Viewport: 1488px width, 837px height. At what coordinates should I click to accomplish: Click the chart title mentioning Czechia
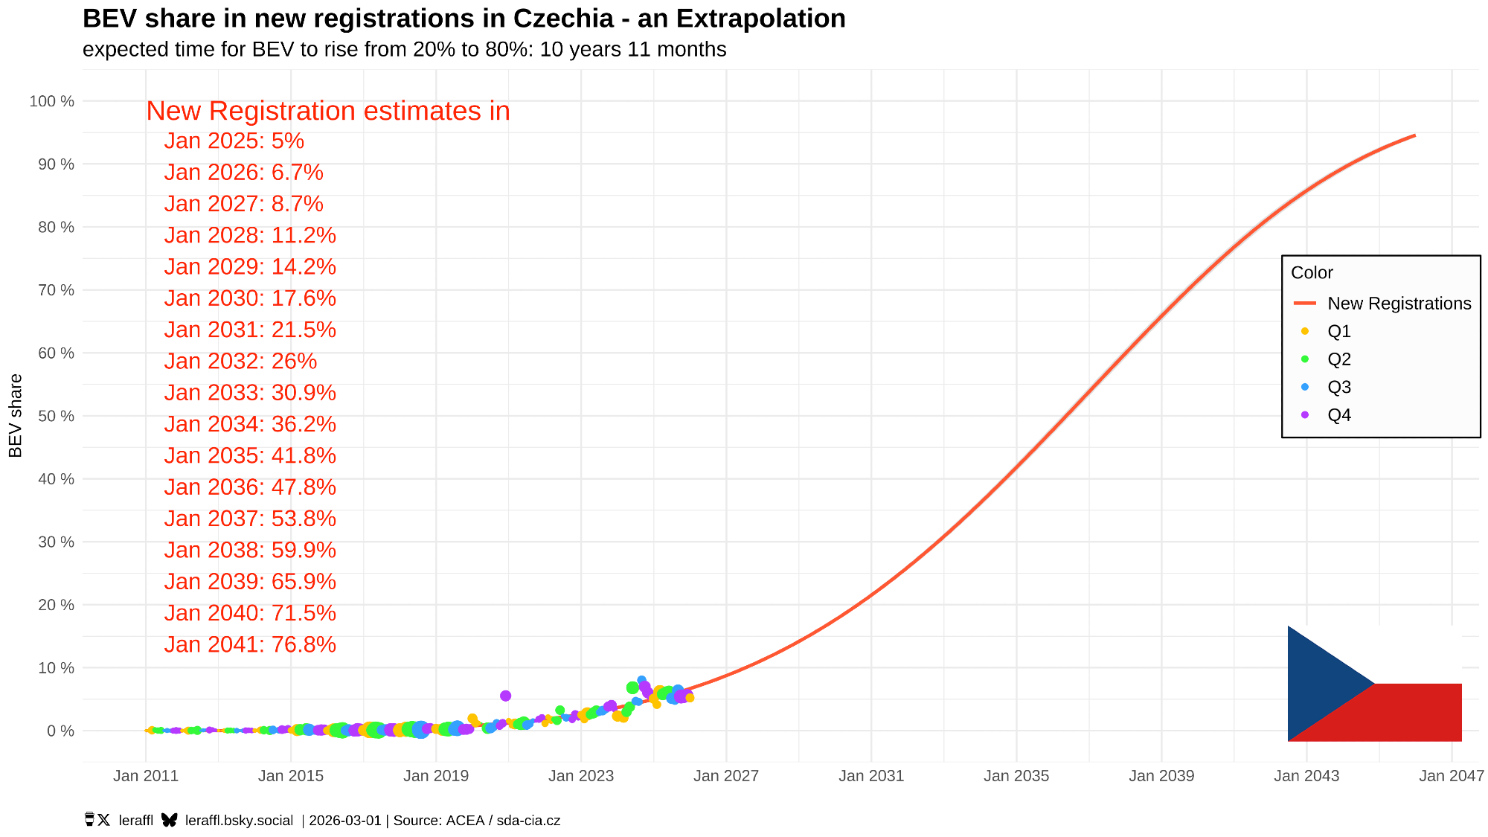coord(464,19)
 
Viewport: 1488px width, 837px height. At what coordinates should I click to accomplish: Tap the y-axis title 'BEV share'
coord(16,415)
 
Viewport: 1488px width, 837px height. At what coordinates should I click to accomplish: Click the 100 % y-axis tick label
coord(51,101)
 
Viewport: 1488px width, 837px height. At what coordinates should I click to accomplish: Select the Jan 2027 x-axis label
coord(725,776)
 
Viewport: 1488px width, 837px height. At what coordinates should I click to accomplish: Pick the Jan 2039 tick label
coord(1161,776)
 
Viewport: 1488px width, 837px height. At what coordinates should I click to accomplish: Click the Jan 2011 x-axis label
coord(146,776)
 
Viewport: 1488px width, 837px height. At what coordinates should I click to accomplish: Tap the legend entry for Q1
coord(1338,331)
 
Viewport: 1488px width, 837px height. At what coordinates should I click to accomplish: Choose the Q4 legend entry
coord(1338,415)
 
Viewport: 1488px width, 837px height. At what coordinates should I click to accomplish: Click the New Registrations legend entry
coord(1399,304)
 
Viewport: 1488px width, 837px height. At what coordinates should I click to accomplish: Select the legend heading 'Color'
coord(1312,272)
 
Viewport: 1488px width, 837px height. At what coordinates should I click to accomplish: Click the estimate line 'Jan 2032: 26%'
coord(240,361)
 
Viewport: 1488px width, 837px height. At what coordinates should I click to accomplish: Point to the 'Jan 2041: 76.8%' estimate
coord(250,644)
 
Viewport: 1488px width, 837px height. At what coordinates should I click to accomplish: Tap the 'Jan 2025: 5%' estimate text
coord(234,141)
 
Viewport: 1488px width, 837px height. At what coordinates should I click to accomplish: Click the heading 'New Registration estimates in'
coord(327,111)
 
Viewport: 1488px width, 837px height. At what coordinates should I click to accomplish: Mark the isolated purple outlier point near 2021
coord(506,696)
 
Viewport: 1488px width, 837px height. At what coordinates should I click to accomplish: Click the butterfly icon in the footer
coord(170,820)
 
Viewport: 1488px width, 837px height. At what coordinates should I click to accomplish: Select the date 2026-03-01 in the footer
coord(345,821)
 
